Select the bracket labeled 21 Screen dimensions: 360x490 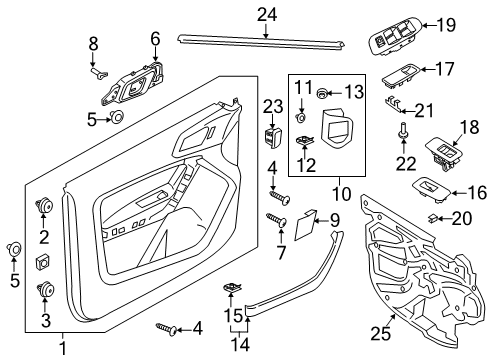click(x=397, y=108)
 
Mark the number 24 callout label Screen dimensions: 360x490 click(x=265, y=13)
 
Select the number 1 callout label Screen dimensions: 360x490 click(x=62, y=347)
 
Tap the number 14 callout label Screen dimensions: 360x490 click(x=237, y=346)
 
